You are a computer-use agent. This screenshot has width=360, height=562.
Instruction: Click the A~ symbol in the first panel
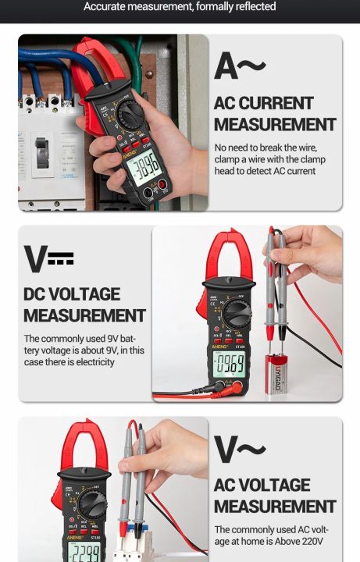(240, 67)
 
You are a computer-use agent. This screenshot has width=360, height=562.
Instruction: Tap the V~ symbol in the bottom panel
(240, 451)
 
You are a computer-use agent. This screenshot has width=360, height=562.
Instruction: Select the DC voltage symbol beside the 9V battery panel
(48, 259)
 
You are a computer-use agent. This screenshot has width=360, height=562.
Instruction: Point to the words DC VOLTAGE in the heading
(72, 294)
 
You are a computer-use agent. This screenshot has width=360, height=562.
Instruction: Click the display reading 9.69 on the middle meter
(230, 364)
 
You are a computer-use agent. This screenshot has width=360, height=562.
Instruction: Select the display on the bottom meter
(85, 553)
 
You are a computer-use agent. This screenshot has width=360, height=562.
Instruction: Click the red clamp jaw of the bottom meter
(84, 447)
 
